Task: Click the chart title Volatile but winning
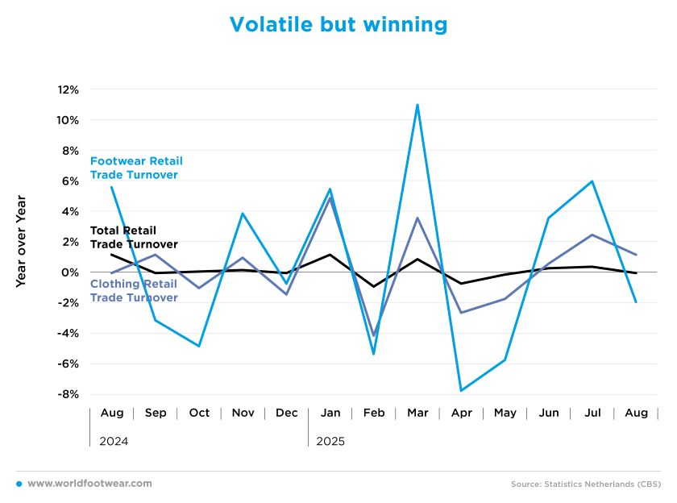(x=338, y=24)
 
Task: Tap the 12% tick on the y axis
(x=67, y=89)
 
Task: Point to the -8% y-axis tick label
(x=67, y=394)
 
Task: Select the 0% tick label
(x=71, y=272)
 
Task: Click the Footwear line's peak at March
(x=417, y=105)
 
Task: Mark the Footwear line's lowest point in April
(x=461, y=390)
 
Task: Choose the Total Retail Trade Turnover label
(x=134, y=237)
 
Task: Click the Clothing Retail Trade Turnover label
(x=134, y=290)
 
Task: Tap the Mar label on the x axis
(x=417, y=413)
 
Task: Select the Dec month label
(x=287, y=413)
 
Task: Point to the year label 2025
(x=330, y=442)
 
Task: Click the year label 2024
(x=114, y=442)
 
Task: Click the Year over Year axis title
(x=21, y=241)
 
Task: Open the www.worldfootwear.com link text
(x=89, y=484)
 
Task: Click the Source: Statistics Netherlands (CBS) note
(x=586, y=484)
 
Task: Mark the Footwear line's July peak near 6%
(x=592, y=181)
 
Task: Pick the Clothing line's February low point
(x=374, y=335)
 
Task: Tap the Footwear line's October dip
(x=199, y=346)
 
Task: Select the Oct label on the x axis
(x=199, y=413)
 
